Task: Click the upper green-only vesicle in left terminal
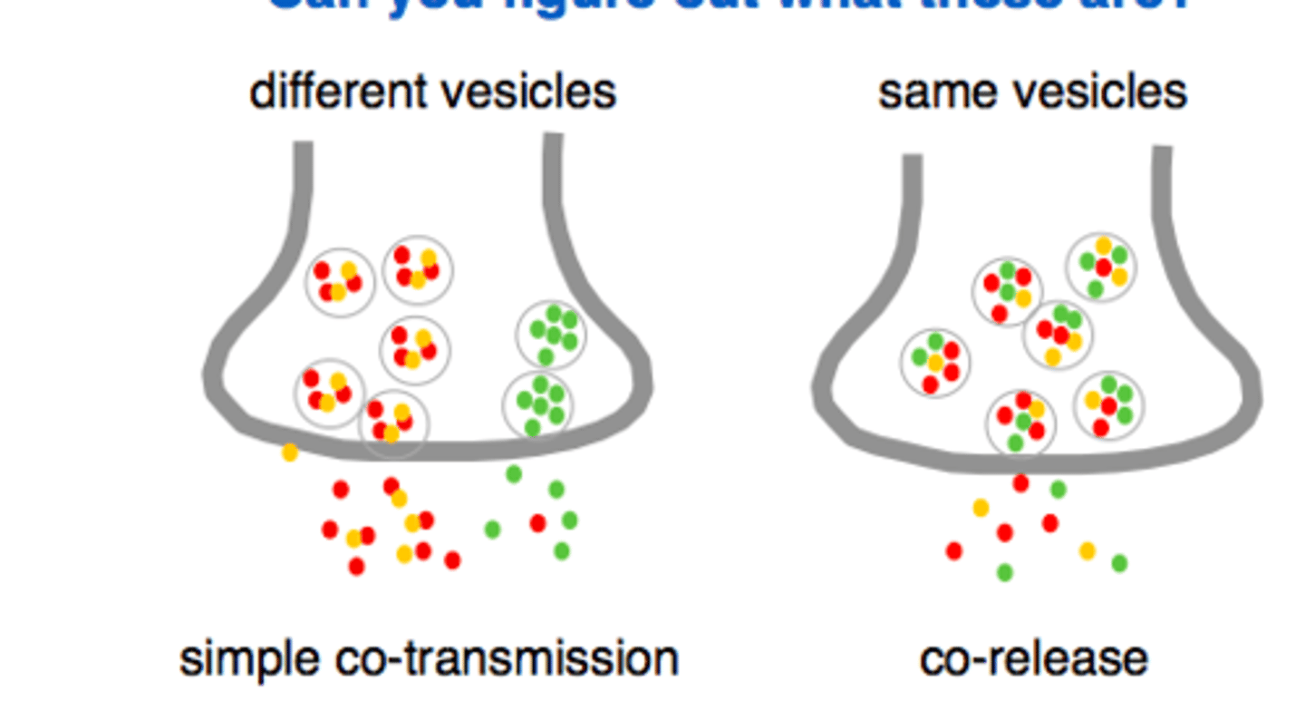[551, 335]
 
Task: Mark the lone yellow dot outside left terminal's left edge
[290, 452]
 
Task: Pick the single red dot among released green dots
[537, 523]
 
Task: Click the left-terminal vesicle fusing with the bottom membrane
[393, 423]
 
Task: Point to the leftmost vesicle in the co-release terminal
[935, 363]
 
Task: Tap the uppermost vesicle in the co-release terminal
[1101, 267]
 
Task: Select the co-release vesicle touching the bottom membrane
[1021, 422]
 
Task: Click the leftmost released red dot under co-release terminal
[953, 550]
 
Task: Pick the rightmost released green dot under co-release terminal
[1119, 563]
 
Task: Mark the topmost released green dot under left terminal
[514, 473]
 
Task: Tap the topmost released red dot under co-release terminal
[1020, 483]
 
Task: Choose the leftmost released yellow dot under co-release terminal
[981, 508]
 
